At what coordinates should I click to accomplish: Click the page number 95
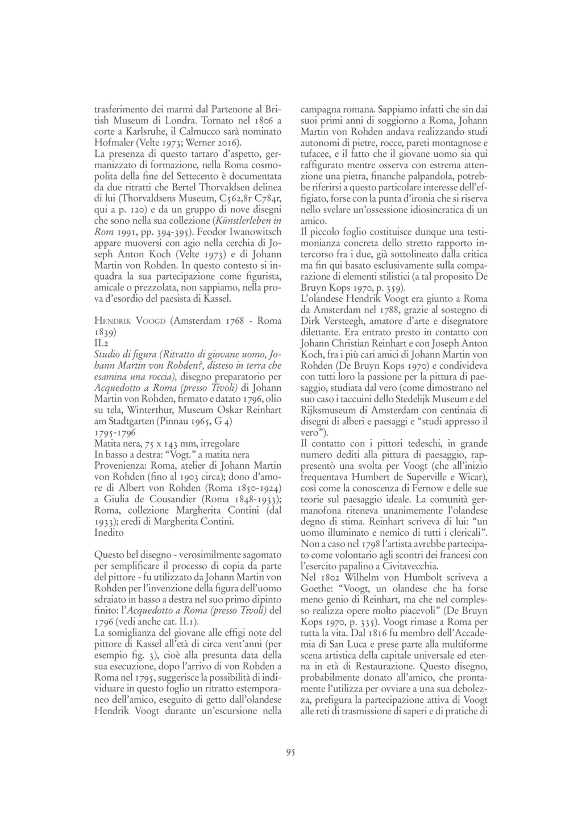coord(290,753)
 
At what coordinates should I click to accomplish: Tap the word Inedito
coord(109,532)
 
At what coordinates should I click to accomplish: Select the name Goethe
coord(317,587)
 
